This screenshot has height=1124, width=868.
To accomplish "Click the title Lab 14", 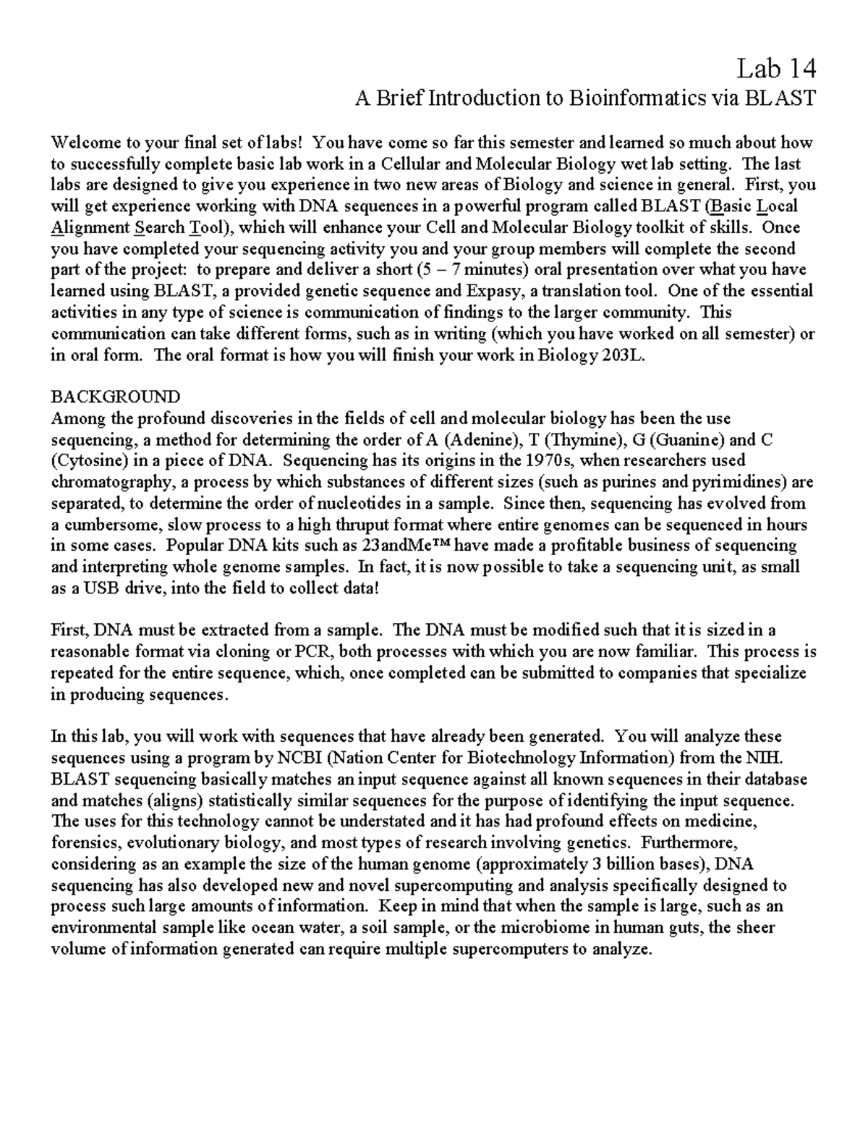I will coord(776,69).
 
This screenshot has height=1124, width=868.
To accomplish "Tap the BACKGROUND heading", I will coord(116,397).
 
